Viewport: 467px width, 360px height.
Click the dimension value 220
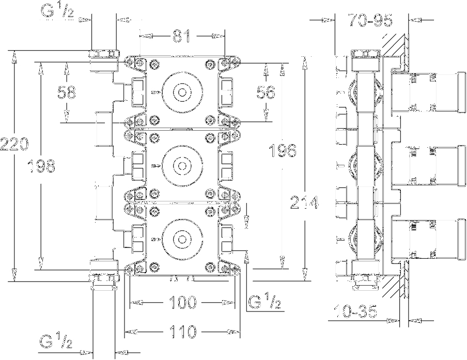pos(14,145)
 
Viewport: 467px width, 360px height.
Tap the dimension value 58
pos(67,92)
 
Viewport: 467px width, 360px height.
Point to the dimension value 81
pos(181,37)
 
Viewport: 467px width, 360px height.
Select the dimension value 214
pos(305,202)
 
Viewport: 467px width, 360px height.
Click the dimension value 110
pos(182,332)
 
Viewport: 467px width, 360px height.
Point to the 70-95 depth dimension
pos(370,21)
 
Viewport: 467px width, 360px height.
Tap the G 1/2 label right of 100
pos(265,302)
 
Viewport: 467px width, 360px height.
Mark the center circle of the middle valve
pos(182,166)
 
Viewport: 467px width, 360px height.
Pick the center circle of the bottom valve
pos(182,240)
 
